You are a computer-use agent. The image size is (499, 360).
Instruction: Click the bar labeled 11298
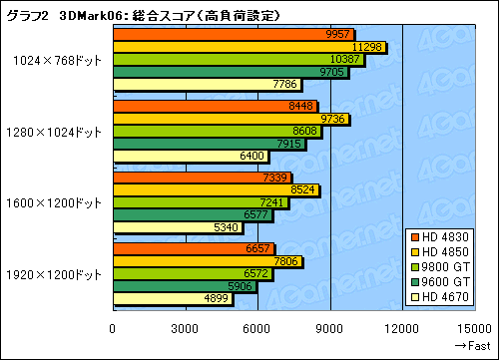[x=249, y=47]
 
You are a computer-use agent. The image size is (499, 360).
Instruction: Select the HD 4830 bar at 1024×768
[x=234, y=33]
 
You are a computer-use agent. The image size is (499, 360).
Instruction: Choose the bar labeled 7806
[x=207, y=261]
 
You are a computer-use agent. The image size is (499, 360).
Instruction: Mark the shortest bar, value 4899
[x=173, y=298]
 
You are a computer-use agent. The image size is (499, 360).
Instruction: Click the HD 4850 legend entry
[x=450, y=250]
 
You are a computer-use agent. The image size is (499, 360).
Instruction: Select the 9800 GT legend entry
[x=450, y=265]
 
